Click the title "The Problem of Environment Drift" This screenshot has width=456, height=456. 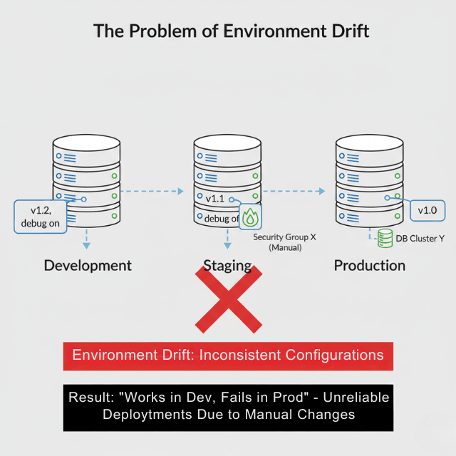click(x=232, y=32)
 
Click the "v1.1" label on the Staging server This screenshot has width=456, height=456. click(x=216, y=199)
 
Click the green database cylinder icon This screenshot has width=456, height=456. click(x=385, y=238)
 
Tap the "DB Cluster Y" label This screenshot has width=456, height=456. click(x=420, y=238)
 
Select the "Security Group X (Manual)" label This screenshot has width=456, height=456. click(x=284, y=242)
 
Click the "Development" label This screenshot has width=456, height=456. click(x=88, y=266)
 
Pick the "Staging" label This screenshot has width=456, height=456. click(x=227, y=266)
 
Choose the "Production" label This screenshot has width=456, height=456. click(x=369, y=266)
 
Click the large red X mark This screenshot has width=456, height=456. click(x=228, y=299)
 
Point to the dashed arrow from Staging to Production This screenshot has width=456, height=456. click(x=293, y=191)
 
